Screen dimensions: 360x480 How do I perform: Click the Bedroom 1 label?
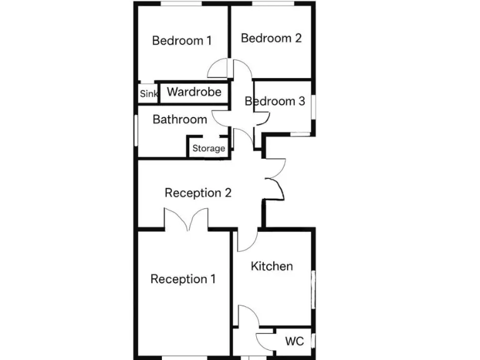coord(182,41)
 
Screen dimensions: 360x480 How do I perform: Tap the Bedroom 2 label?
coord(271,38)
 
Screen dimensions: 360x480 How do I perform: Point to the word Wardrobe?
coord(194,92)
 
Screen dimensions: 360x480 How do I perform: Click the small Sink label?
coord(149,94)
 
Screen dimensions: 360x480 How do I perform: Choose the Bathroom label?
coord(179,119)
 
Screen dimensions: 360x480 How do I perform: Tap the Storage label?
coord(209,149)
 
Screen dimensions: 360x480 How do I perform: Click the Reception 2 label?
coord(198,193)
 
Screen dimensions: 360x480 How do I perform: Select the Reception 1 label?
coord(183,279)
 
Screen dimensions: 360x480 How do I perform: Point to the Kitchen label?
coord(272,266)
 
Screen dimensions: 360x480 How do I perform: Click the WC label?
coord(294,341)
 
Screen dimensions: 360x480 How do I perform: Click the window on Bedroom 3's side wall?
coord(314,106)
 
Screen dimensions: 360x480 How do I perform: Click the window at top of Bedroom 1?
coord(181,4)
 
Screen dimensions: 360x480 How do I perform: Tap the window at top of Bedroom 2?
coord(272,4)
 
